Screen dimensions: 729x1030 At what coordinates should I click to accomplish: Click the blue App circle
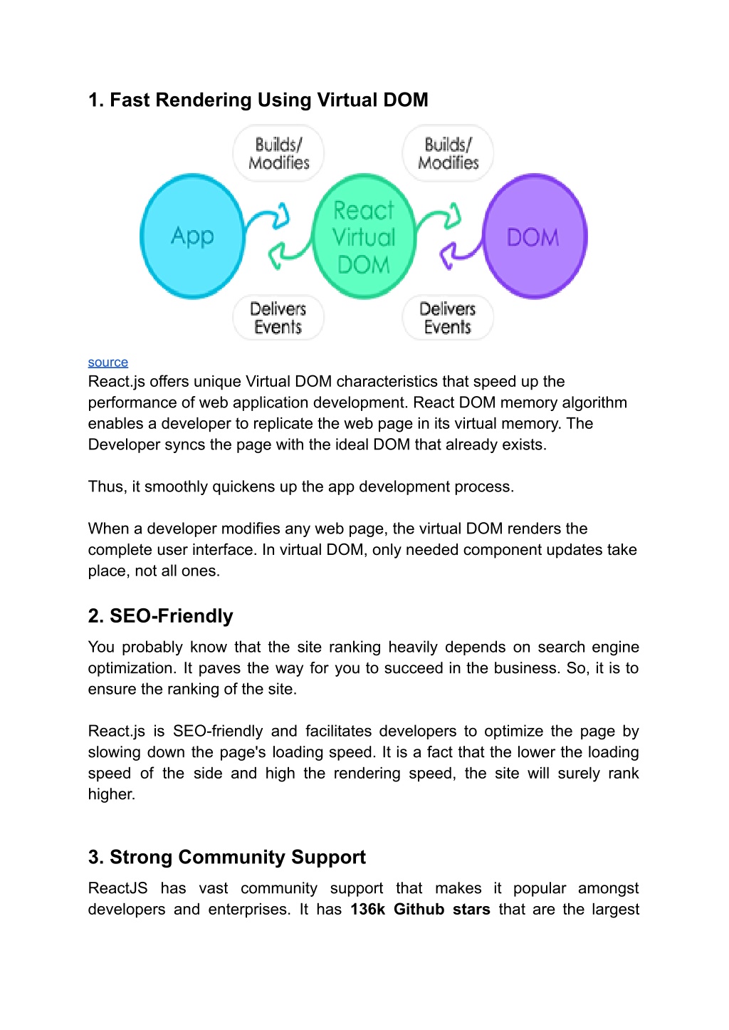point(192,236)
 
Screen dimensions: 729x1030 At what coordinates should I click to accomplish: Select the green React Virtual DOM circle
point(364,236)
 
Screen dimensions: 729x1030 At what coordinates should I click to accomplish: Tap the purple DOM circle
point(535,236)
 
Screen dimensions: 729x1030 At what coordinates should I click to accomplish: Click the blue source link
point(108,363)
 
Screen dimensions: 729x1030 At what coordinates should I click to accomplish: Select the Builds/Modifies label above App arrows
point(278,153)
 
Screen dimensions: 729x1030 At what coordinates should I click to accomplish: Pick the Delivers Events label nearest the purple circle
point(448,318)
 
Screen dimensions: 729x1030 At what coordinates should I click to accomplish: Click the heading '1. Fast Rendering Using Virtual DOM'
point(258,100)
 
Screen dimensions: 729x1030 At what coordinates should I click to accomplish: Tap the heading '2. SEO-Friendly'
point(160,615)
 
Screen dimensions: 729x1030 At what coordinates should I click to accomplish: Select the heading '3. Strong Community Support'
point(226,857)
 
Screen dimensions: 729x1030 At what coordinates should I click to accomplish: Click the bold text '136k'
point(368,910)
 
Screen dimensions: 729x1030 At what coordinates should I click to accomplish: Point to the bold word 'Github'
point(419,910)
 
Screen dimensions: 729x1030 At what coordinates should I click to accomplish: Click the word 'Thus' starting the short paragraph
point(105,487)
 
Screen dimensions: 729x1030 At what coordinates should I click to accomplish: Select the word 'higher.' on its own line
point(112,794)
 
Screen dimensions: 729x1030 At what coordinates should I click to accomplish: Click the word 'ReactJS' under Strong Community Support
point(117,888)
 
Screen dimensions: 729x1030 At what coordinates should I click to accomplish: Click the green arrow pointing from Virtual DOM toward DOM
point(439,216)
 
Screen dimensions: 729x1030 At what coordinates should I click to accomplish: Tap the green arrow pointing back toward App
point(290,254)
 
